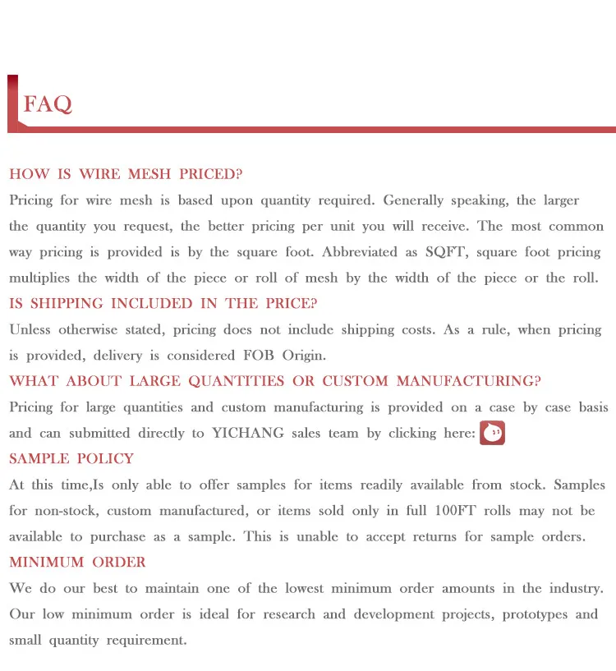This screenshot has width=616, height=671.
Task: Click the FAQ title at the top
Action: click(48, 104)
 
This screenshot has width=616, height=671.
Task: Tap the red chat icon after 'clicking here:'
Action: click(492, 433)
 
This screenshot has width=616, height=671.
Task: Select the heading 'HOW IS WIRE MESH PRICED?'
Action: click(126, 174)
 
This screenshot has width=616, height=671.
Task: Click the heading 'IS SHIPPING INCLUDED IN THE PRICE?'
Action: click(163, 304)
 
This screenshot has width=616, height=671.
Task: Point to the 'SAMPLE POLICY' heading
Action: click(71, 459)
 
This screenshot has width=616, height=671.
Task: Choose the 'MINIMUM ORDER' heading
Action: click(77, 563)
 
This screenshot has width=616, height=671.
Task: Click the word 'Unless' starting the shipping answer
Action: click(30, 330)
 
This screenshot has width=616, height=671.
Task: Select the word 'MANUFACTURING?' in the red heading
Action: click(469, 381)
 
